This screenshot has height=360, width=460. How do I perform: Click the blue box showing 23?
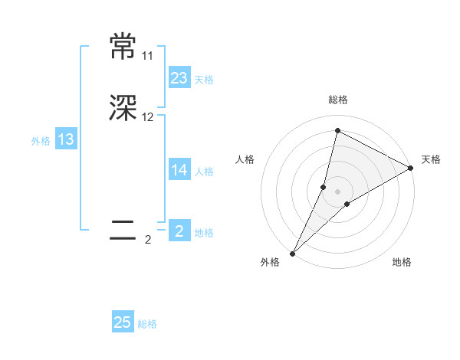click(x=179, y=77)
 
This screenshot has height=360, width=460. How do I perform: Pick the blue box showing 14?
click(x=179, y=170)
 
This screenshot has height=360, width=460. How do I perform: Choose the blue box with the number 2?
click(x=179, y=231)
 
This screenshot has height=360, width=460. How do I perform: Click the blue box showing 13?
click(x=66, y=139)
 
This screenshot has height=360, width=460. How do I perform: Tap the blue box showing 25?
click(x=123, y=322)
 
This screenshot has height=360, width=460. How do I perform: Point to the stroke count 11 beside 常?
click(x=147, y=56)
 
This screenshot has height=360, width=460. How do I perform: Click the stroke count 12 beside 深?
click(x=147, y=117)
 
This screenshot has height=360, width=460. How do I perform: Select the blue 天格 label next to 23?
click(x=204, y=80)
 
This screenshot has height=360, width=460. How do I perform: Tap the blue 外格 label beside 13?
click(x=41, y=141)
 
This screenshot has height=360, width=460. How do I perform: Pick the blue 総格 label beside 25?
click(x=147, y=325)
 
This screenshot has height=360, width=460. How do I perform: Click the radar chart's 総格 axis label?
click(x=337, y=100)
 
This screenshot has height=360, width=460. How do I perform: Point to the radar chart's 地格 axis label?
click(x=402, y=263)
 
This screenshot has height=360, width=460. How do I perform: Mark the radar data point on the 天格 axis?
click(x=411, y=169)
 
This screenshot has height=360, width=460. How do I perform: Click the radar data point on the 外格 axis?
click(x=292, y=253)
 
